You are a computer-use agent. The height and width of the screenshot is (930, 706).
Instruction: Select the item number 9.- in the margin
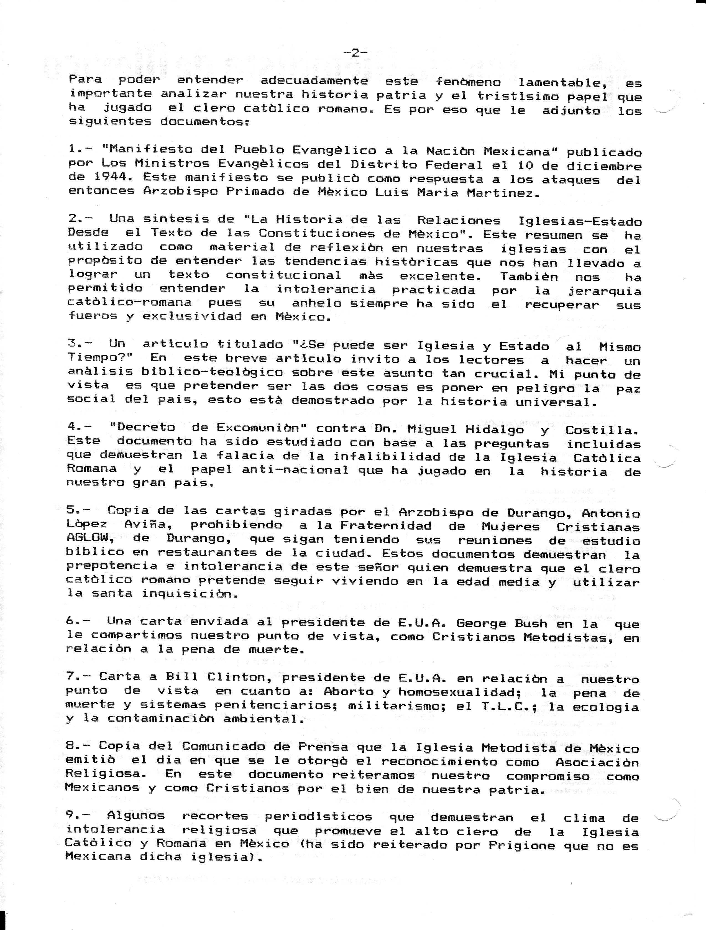[78, 815]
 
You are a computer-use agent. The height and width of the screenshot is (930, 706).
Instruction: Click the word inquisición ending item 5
[186, 594]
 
